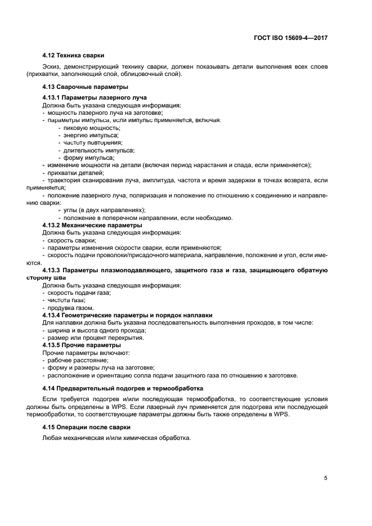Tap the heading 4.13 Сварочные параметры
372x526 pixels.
click(x=86, y=87)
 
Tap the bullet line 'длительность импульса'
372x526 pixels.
click(x=98, y=150)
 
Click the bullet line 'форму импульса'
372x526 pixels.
click(x=88, y=158)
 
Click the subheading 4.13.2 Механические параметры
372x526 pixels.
click(x=84, y=225)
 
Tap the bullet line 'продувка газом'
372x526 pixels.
click(x=70, y=308)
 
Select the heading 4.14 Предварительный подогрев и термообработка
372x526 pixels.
click(x=123, y=389)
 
